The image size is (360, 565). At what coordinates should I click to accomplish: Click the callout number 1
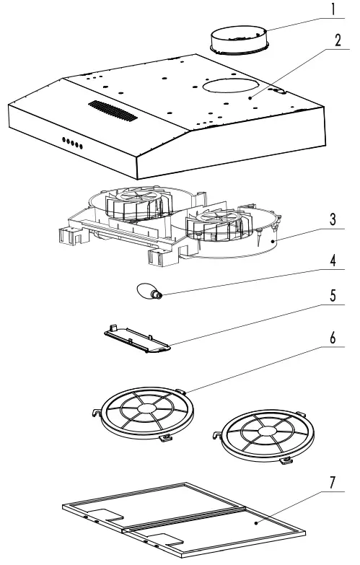[x=333, y=10]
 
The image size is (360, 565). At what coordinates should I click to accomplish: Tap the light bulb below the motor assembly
[x=147, y=292]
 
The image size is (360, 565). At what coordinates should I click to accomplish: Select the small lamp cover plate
[x=136, y=338]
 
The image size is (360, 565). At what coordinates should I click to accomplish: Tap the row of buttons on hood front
[x=71, y=144]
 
